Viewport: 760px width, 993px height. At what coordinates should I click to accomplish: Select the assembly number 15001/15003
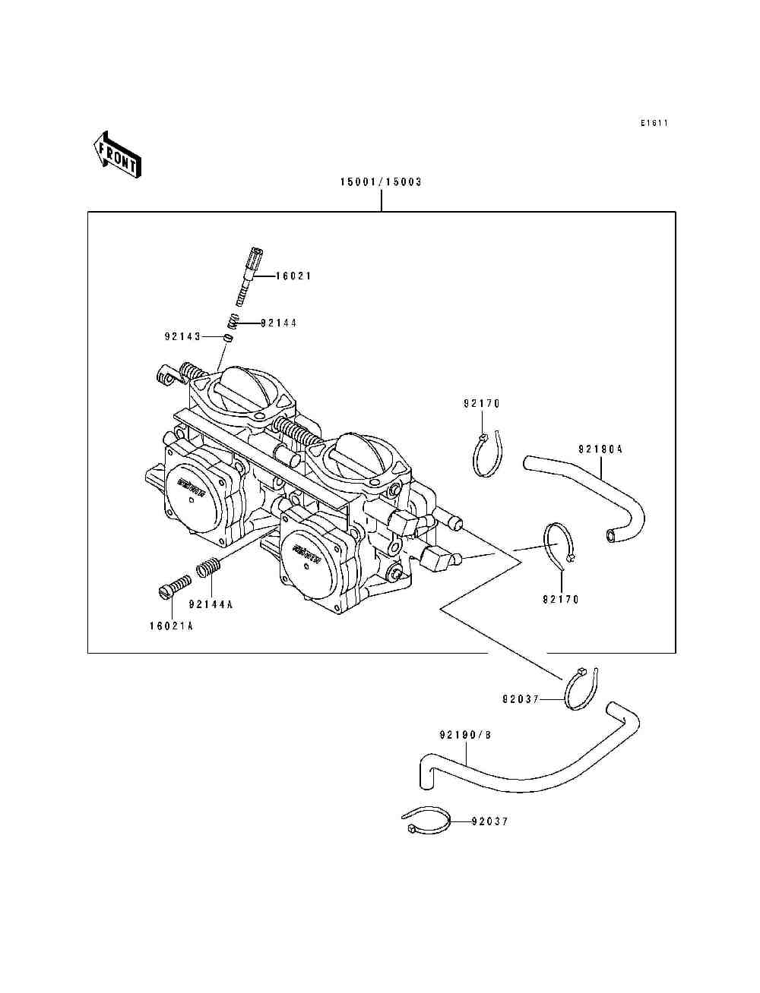(381, 182)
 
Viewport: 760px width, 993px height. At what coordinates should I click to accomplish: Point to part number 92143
(182, 336)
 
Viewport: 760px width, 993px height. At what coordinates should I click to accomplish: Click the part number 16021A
(171, 626)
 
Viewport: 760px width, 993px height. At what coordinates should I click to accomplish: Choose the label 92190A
(600, 449)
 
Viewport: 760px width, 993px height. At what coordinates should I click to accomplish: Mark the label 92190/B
(465, 735)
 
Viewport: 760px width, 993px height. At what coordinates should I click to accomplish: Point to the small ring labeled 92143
(227, 336)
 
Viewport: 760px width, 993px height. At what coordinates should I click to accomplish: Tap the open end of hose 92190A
(612, 537)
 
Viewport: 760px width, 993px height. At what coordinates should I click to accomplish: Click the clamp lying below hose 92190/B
(426, 821)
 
